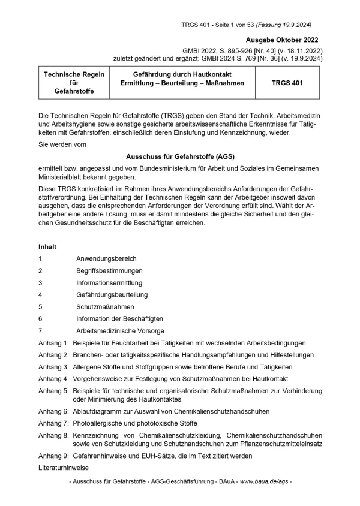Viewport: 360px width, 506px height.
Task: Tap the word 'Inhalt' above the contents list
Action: pos(48,246)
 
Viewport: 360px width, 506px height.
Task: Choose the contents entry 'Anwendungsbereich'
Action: pos(106,258)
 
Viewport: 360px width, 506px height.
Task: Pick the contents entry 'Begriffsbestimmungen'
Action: pos(112,270)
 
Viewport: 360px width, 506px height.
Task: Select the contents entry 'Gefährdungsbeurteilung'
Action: pos(112,294)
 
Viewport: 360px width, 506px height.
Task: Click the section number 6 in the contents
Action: pos(40,318)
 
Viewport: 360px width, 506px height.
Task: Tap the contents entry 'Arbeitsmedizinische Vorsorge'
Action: pos(120,330)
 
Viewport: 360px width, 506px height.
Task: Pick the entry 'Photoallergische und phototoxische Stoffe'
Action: pos(136,423)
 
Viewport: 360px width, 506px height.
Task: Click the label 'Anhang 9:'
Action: pos(53,456)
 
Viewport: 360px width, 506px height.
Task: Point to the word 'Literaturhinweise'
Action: pos(63,467)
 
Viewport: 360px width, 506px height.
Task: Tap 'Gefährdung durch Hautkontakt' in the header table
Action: pos(178,74)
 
